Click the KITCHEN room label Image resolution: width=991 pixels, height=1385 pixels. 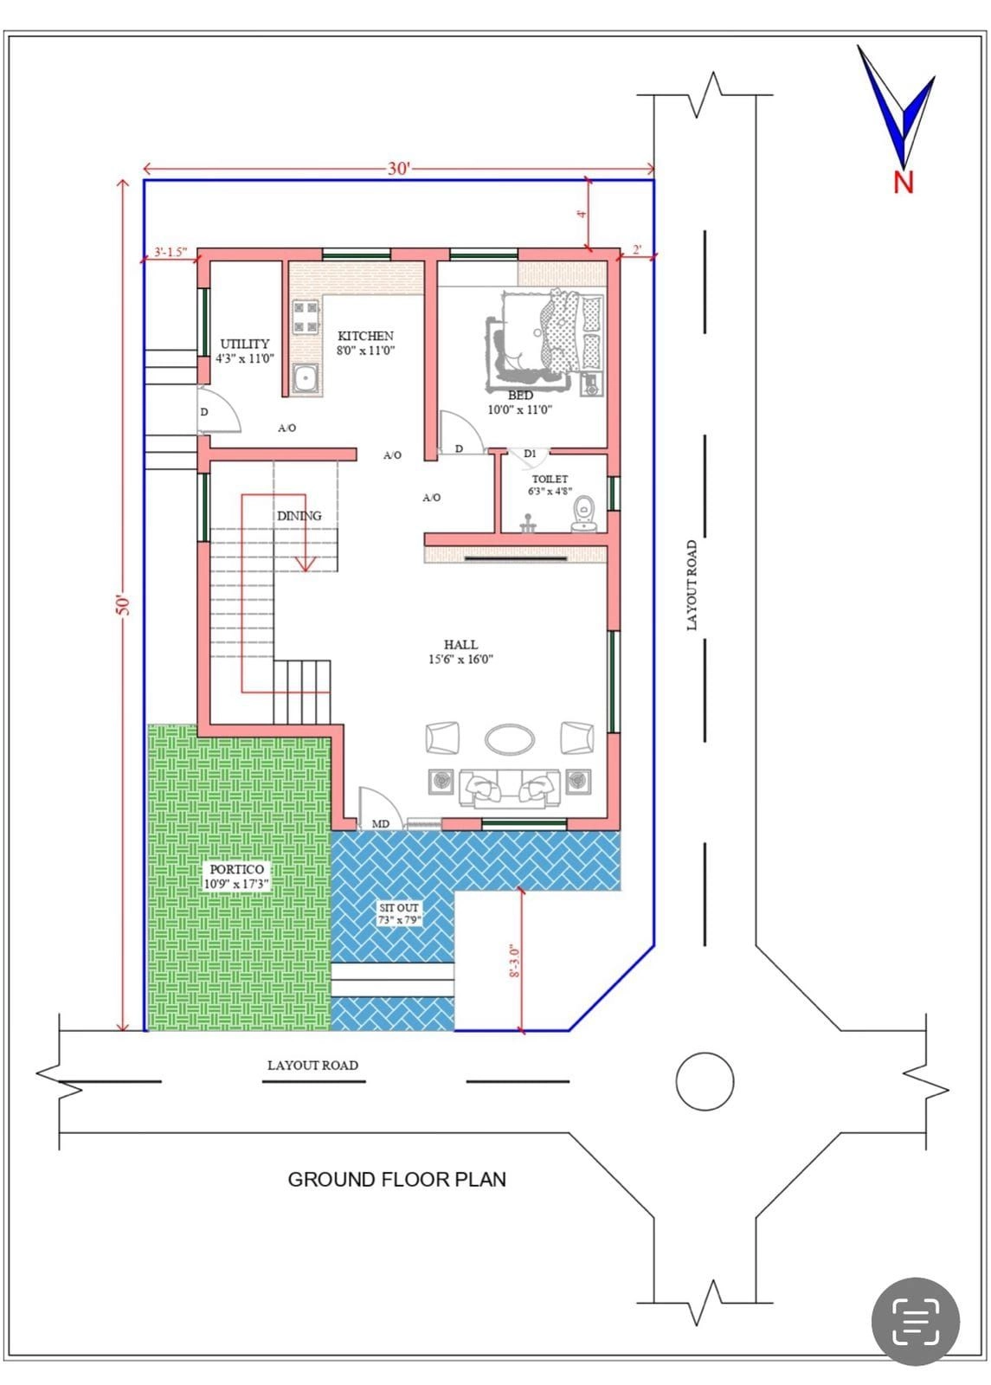pos(365,336)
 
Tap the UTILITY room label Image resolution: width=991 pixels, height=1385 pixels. pos(245,344)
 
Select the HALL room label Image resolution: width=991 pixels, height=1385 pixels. pos(460,644)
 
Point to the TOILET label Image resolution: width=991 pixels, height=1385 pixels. pos(550,479)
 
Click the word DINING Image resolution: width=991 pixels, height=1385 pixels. pos(299,516)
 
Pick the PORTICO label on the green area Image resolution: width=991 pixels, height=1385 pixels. pos(237,869)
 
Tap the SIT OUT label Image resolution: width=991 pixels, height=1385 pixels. pos(399,908)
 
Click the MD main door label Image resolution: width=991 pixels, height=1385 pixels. pos(381,823)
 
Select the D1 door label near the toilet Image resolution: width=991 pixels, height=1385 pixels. pos(530,454)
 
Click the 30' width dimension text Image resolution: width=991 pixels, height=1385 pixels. pos(399,168)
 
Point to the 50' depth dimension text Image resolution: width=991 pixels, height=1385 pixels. pos(123,605)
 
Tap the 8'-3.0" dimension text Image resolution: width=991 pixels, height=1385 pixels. pos(514,960)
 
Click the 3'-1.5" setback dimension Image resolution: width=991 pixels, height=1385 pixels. pos(171,252)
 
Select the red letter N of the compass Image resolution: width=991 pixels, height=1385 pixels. pos(904,183)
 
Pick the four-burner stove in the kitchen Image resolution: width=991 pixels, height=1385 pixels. pos(306,317)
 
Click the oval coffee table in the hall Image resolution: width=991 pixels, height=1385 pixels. pos(510,739)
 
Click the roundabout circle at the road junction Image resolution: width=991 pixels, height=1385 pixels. pos(705,1081)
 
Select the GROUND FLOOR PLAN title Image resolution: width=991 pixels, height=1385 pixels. pos(397,1180)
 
